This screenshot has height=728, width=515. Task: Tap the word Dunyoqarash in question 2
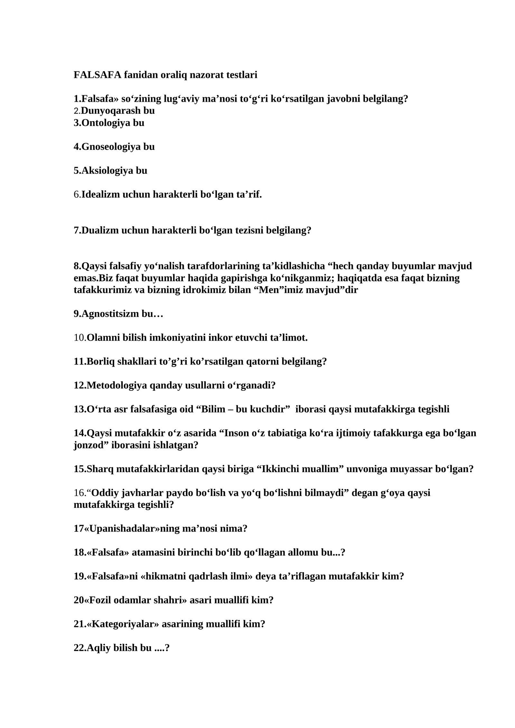tap(107, 111)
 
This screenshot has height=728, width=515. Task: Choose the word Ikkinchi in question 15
tap(280, 469)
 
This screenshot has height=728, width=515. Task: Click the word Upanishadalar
tap(122, 529)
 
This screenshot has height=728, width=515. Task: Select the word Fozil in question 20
tap(99, 600)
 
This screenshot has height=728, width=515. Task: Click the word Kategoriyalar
tap(123, 624)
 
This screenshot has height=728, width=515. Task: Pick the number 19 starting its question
tap(79, 576)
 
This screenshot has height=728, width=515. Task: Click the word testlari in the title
tap(242, 75)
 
